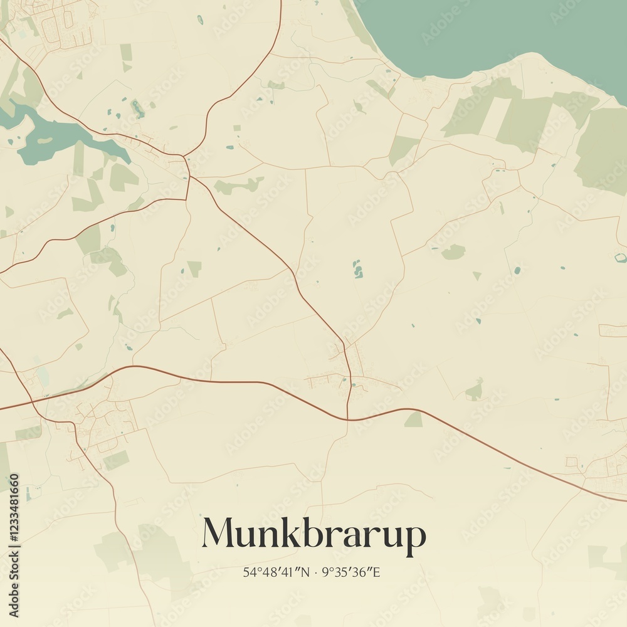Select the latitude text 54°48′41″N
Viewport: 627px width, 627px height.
point(277,572)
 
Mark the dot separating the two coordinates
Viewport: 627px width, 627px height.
point(315,572)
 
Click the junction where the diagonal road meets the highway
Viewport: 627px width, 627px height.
point(348,419)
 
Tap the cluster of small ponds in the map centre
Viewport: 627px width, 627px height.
point(357,270)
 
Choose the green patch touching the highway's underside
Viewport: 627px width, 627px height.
point(414,420)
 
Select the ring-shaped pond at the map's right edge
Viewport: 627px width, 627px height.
point(620,258)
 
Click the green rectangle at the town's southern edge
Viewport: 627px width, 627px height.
point(116,461)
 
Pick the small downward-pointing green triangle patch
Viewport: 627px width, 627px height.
point(477,276)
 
